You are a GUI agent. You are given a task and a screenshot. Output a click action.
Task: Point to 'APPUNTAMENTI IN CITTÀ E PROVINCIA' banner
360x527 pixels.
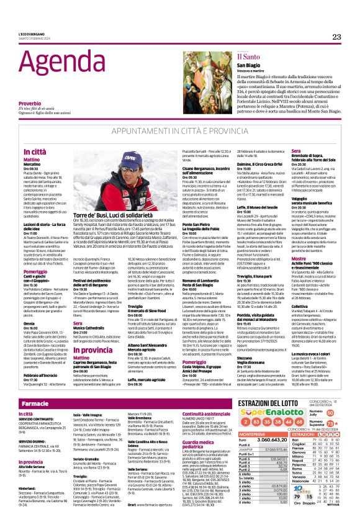coord(179,132)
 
